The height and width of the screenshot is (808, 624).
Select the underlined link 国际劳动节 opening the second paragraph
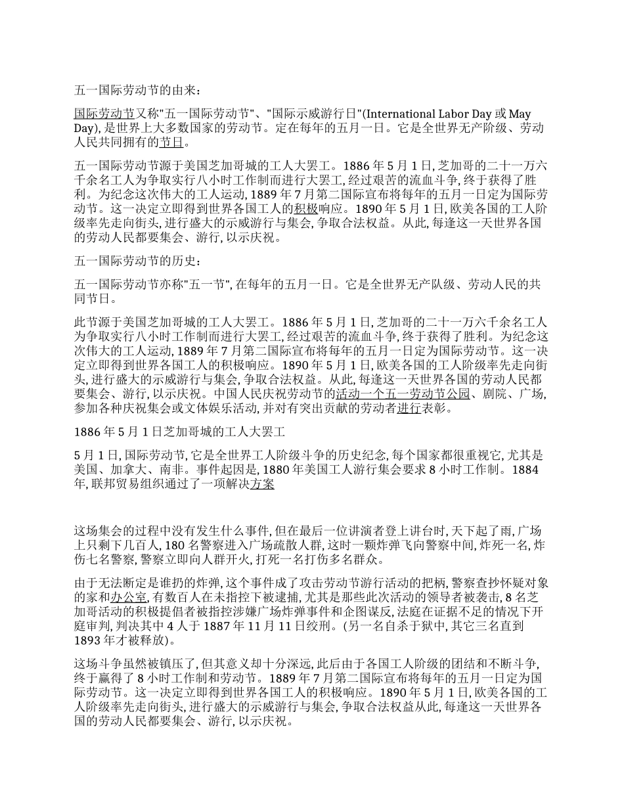tap(104, 114)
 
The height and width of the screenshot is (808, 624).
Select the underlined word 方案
tap(262, 484)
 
